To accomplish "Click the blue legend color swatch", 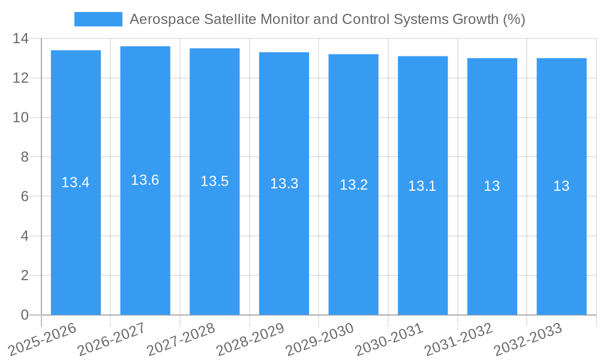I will pos(98,19).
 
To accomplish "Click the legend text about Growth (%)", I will pos(327,19).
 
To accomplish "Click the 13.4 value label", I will pos(76,182).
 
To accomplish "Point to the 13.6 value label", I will pos(145,180).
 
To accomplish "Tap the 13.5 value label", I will pos(215,181).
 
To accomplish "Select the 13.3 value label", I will pos(284,184).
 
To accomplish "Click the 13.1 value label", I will pos(422,186).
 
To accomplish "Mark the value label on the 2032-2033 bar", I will pos(562,186).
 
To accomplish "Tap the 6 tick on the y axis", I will pos(24,197).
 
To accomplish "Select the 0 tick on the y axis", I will pos(24,315).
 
